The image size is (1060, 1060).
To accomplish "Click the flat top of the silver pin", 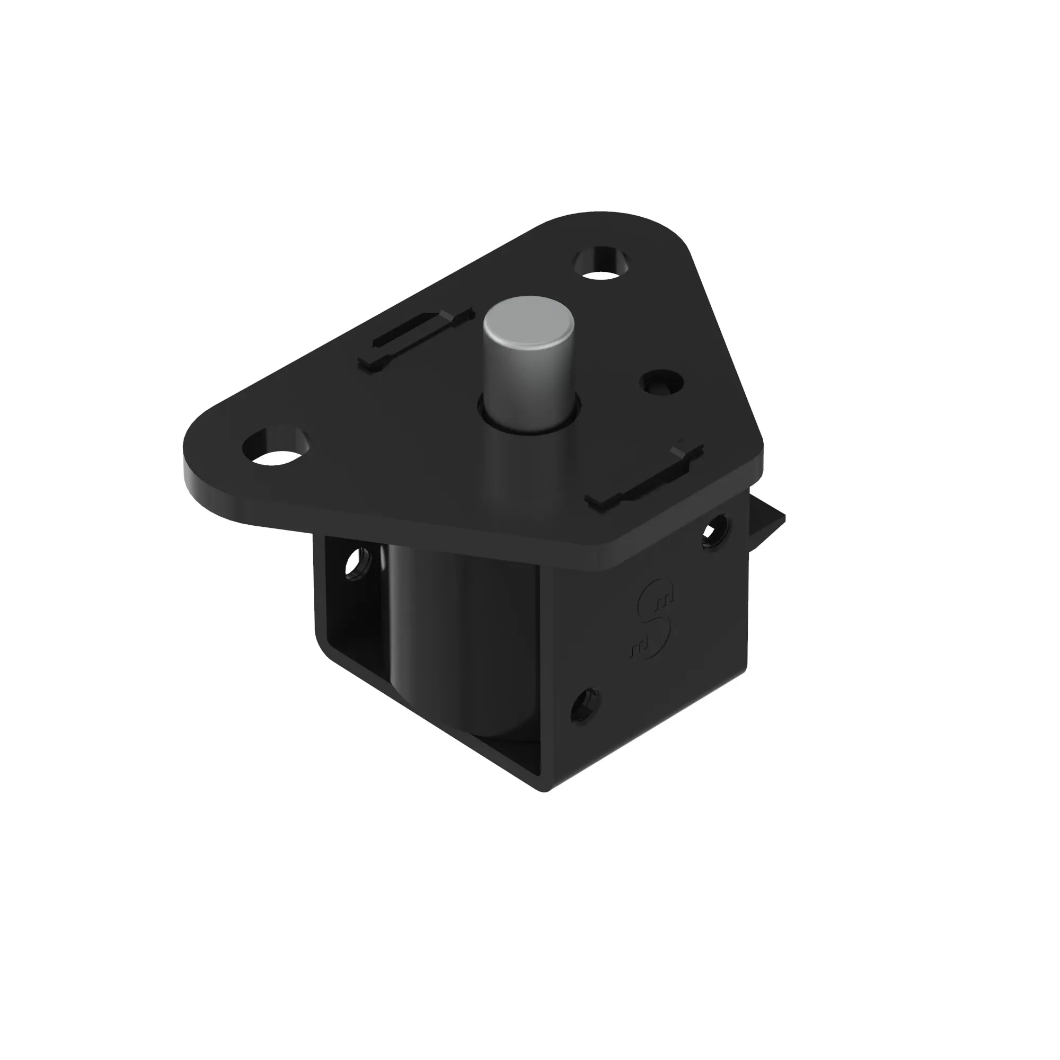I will [528, 321].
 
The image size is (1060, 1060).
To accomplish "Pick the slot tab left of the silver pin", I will [415, 340].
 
